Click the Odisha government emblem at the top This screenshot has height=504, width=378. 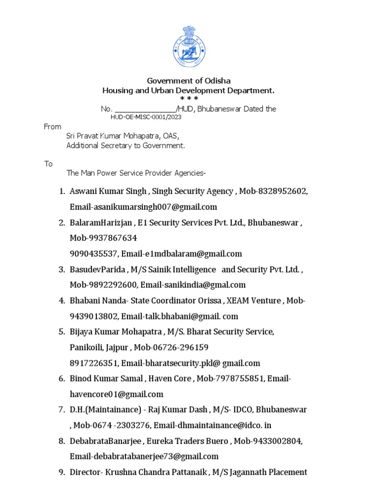point(189,47)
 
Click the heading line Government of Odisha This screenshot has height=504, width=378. point(189,81)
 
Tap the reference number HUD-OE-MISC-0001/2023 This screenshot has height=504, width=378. point(146,117)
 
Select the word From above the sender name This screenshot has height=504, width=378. point(53,127)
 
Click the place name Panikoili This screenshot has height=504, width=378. point(86,347)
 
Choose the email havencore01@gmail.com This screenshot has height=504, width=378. point(116,394)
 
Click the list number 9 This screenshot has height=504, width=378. point(62,472)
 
